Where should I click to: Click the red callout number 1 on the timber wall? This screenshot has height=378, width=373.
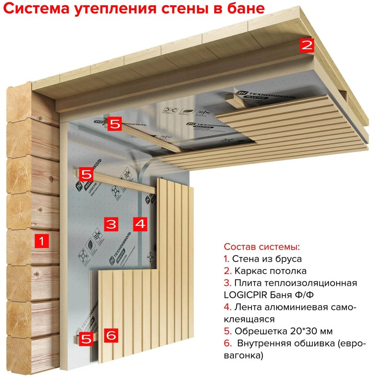point(41,241)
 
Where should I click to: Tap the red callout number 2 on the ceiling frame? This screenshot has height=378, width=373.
point(306,45)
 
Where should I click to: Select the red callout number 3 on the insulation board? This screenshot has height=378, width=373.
point(111,224)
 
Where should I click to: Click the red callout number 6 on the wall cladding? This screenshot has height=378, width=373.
point(111,336)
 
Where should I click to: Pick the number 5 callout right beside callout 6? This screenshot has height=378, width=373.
point(86,339)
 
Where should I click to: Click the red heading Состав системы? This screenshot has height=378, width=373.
point(262,247)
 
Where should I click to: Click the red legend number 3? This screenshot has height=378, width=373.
point(227,283)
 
